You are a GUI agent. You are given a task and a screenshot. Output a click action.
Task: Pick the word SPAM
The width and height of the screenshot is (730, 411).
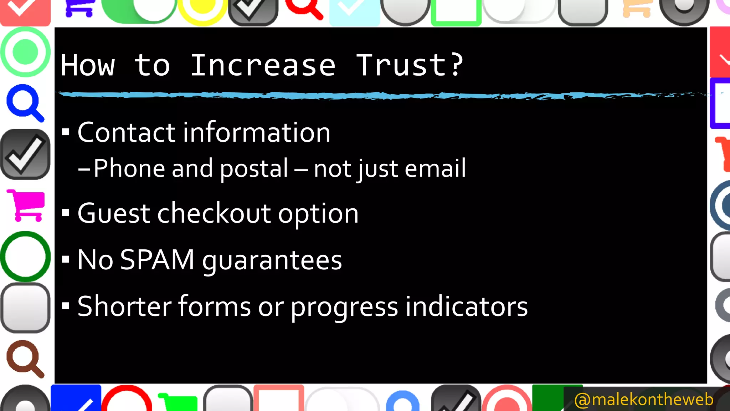(157, 259)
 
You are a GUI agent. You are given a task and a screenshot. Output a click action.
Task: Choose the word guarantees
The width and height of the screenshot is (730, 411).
(272, 260)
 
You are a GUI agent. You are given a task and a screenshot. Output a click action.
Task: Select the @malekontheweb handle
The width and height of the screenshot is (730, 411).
(644, 399)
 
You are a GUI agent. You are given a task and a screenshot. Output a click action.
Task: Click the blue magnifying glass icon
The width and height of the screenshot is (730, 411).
(24, 102)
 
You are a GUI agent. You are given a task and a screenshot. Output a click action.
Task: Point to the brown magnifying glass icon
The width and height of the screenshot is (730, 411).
(24, 358)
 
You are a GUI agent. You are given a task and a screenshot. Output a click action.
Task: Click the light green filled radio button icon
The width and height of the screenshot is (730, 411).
(25, 52)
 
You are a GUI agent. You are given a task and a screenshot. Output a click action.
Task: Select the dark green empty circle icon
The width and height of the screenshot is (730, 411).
(25, 256)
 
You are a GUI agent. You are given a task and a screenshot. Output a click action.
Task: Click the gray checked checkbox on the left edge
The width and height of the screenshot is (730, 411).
(25, 154)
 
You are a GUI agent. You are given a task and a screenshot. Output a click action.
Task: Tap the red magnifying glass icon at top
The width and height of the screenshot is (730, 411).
(304, 8)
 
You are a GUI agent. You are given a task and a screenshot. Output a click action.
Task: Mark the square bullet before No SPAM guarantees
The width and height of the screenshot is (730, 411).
(65, 259)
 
